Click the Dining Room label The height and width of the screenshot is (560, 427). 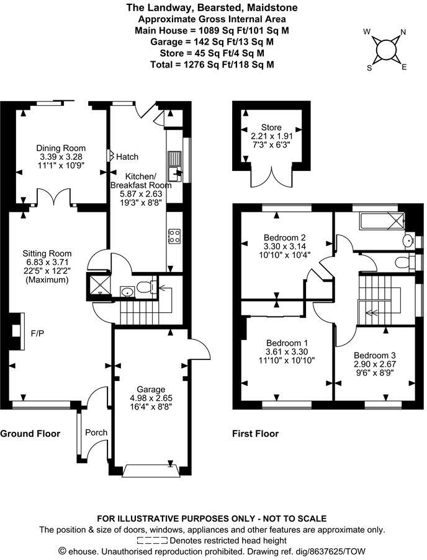(x=60, y=148)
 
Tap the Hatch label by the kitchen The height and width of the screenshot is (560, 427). (x=127, y=157)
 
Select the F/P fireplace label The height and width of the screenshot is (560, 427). (x=37, y=333)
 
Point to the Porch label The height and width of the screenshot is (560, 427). (x=96, y=432)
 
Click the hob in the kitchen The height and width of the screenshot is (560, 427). (x=175, y=236)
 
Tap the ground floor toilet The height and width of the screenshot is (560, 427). (x=143, y=287)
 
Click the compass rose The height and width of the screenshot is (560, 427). (x=385, y=48)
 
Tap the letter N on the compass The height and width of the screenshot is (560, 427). (x=403, y=32)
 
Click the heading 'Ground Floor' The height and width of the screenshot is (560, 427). (x=30, y=434)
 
